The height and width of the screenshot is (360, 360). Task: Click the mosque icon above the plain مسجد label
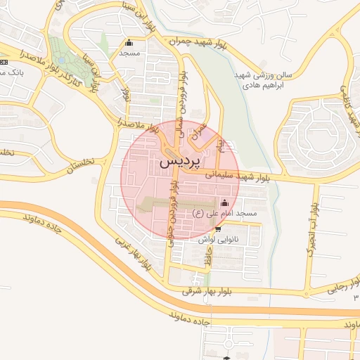click(128, 42)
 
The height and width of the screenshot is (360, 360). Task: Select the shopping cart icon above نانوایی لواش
click(217, 229)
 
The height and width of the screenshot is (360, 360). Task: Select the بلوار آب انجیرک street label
click(311, 232)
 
